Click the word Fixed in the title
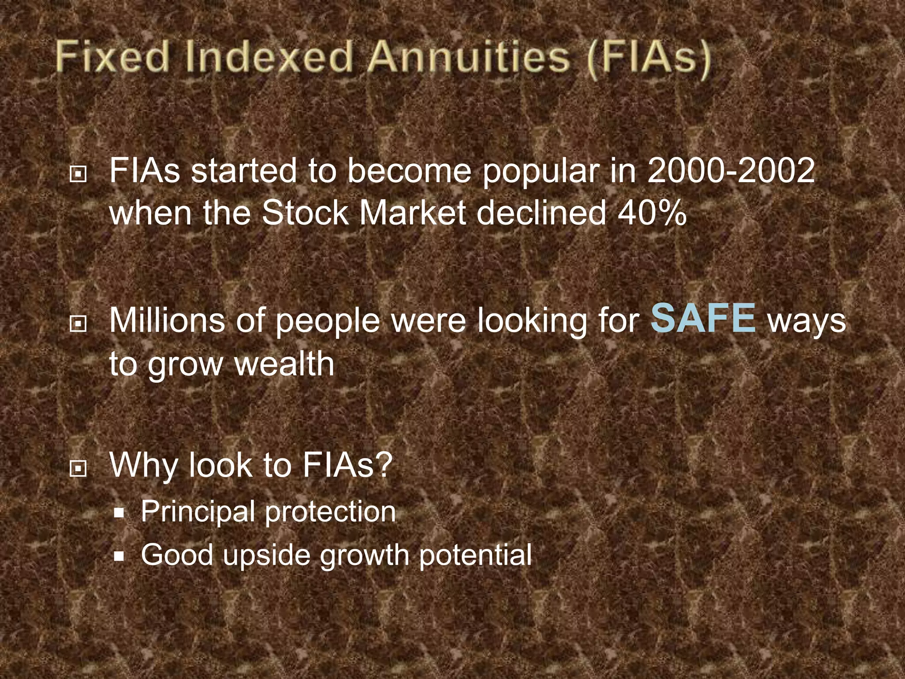(113, 57)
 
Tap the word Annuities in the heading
(469, 57)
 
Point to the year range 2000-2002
(731, 171)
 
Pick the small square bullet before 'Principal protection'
(119, 513)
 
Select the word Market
(413, 214)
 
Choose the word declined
(541, 214)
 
